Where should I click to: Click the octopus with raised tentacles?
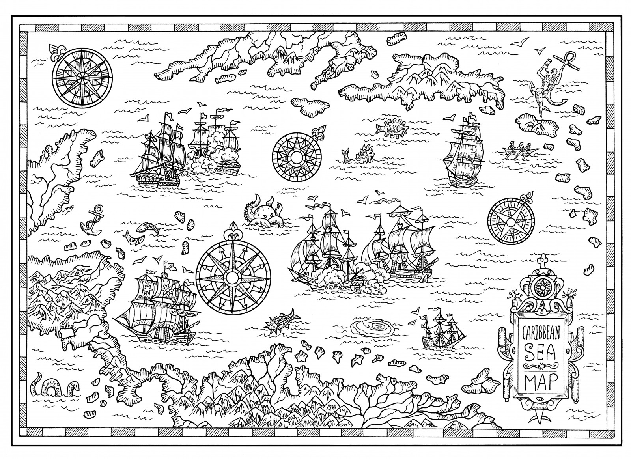pyautogui.click(x=266, y=213)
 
